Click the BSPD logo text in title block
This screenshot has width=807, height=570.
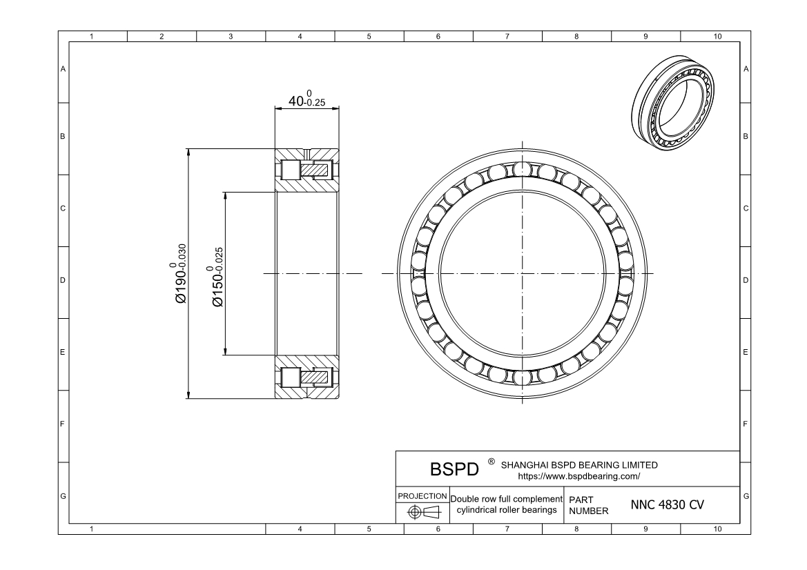(x=454, y=470)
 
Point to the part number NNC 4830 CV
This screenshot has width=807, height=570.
(x=667, y=504)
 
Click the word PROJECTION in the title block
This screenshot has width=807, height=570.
(x=422, y=496)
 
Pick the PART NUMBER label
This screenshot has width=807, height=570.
(x=588, y=504)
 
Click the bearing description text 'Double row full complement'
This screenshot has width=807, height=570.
(x=506, y=498)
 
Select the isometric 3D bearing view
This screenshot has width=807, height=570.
(x=674, y=101)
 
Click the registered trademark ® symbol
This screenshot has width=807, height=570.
(x=492, y=461)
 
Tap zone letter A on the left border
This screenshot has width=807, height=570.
(x=64, y=68)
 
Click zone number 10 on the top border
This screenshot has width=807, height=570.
(x=717, y=36)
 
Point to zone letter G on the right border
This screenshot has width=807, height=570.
(x=746, y=496)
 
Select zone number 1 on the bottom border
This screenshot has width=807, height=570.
(x=93, y=529)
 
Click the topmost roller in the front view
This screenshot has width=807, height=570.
(x=523, y=170)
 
